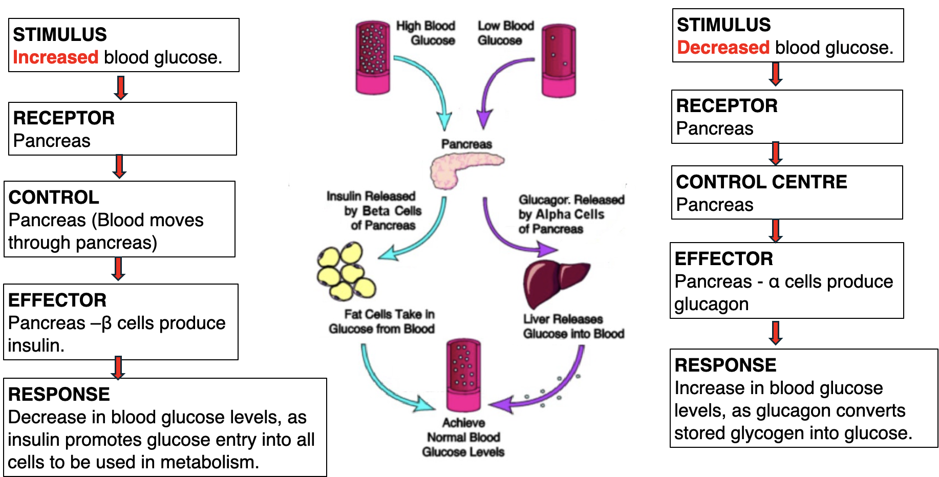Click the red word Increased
click(x=55, y=57)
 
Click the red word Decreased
click(x=723, y=48)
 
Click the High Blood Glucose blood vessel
click(x=373, y=57)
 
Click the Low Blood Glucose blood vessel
click(x=559, y=60)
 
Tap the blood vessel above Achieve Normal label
click(x=463, y=375)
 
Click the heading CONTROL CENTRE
click(x=761, y=182)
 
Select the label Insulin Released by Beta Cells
click(x=374, y=211)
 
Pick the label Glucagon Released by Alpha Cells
click(x=571, y=214)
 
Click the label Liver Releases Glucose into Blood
click(x=573, y=326)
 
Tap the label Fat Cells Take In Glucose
click(x=382, y=321)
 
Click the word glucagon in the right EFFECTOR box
click(x=711, y=305)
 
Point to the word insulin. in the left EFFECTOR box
click(x=36, y=345)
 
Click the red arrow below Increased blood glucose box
click(x=121, y=88)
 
